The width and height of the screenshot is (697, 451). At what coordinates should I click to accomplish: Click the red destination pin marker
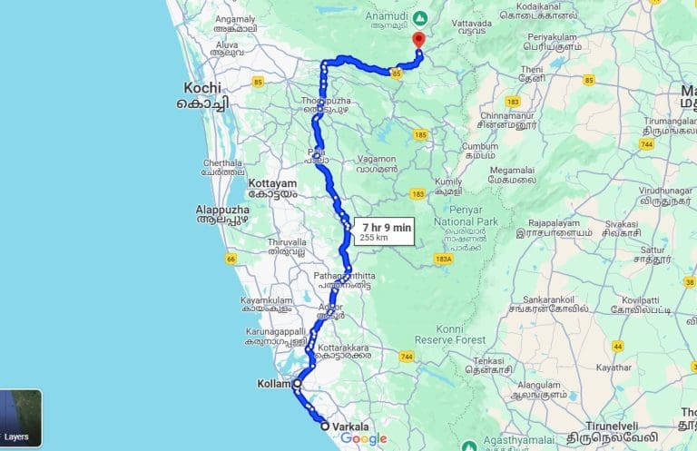[x=417, y=40]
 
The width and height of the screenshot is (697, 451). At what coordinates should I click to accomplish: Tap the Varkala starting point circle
[x=324, y=425]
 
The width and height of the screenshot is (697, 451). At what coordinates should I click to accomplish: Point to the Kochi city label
[x=202, y=88]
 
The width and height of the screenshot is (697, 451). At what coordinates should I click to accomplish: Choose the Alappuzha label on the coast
[x=222, y=210]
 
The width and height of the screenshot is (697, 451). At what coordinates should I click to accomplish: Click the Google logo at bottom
[x=364, y=439]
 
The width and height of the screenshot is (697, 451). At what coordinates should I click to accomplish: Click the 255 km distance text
[x=374, y=238]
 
